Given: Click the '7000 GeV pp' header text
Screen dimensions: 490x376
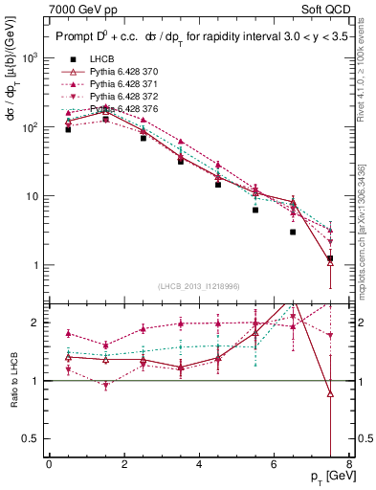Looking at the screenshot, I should coord(79,9).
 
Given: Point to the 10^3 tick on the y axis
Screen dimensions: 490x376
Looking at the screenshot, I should coord(30,57).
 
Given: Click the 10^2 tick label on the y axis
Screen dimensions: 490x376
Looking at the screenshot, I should coord(30,126).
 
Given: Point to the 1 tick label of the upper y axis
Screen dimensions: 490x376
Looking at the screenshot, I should coord(37,265).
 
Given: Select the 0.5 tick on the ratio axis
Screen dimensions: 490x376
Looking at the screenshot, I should coord(33,438).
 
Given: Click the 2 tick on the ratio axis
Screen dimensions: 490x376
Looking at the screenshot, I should coord(37,323).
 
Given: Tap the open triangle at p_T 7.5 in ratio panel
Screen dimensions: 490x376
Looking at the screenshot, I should coord(330,393).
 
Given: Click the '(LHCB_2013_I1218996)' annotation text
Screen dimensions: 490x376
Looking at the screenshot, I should coord(198,286).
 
